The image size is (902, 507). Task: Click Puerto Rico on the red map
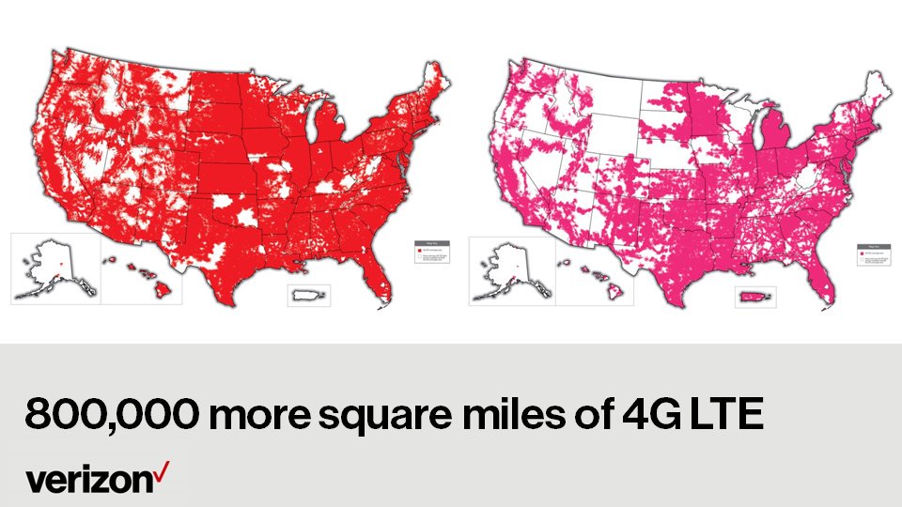(x=309, y=296)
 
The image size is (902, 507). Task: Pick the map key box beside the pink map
(x=872, y=256)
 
